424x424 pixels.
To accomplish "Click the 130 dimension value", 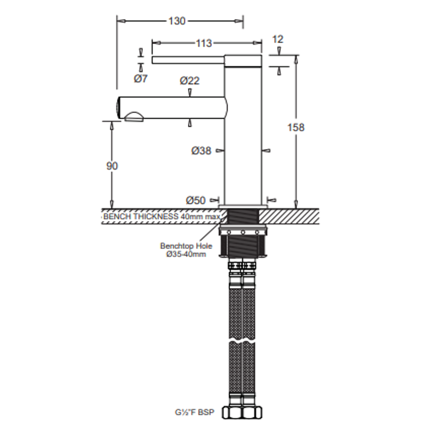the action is coord(177,21).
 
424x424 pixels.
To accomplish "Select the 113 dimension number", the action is coord(204,43).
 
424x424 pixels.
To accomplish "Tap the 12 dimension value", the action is coord(278,39).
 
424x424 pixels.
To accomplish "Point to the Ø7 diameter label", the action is coord(141,79).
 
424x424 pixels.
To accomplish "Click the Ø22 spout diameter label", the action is coord(190,80).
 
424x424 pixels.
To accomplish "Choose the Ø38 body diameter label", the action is coord(201,151).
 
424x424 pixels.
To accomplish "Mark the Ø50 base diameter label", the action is coord(196,200).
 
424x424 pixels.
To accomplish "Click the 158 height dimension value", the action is coord(296,127).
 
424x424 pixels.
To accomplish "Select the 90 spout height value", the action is coord(112,166).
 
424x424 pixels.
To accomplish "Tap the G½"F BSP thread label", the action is coord(194,412).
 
